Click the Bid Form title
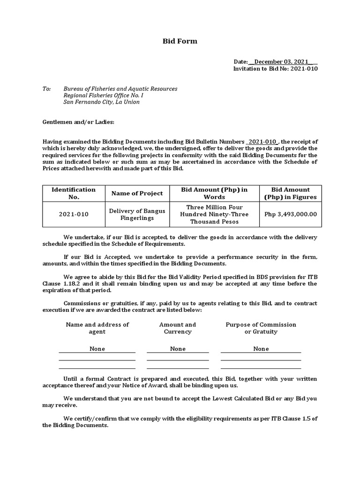[180, 41]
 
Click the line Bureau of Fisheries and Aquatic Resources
[120, 89]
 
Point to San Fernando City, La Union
[101, 102]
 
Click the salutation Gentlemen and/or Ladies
[78, 122]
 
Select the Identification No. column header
[73, 193]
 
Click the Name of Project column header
[137, 193]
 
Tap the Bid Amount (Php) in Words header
[214, 193]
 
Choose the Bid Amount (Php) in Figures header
[290, 193]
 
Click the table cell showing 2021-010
[73, 214]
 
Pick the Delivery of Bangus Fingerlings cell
[137, 214]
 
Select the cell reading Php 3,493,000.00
[290, 214]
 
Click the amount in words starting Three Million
[214, 214]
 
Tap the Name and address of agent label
[97, 328]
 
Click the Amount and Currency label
[178, 328]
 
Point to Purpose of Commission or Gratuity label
[261, 328]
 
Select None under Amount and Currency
[178, 349]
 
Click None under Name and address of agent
[97, 349]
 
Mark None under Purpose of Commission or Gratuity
[261, 349]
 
